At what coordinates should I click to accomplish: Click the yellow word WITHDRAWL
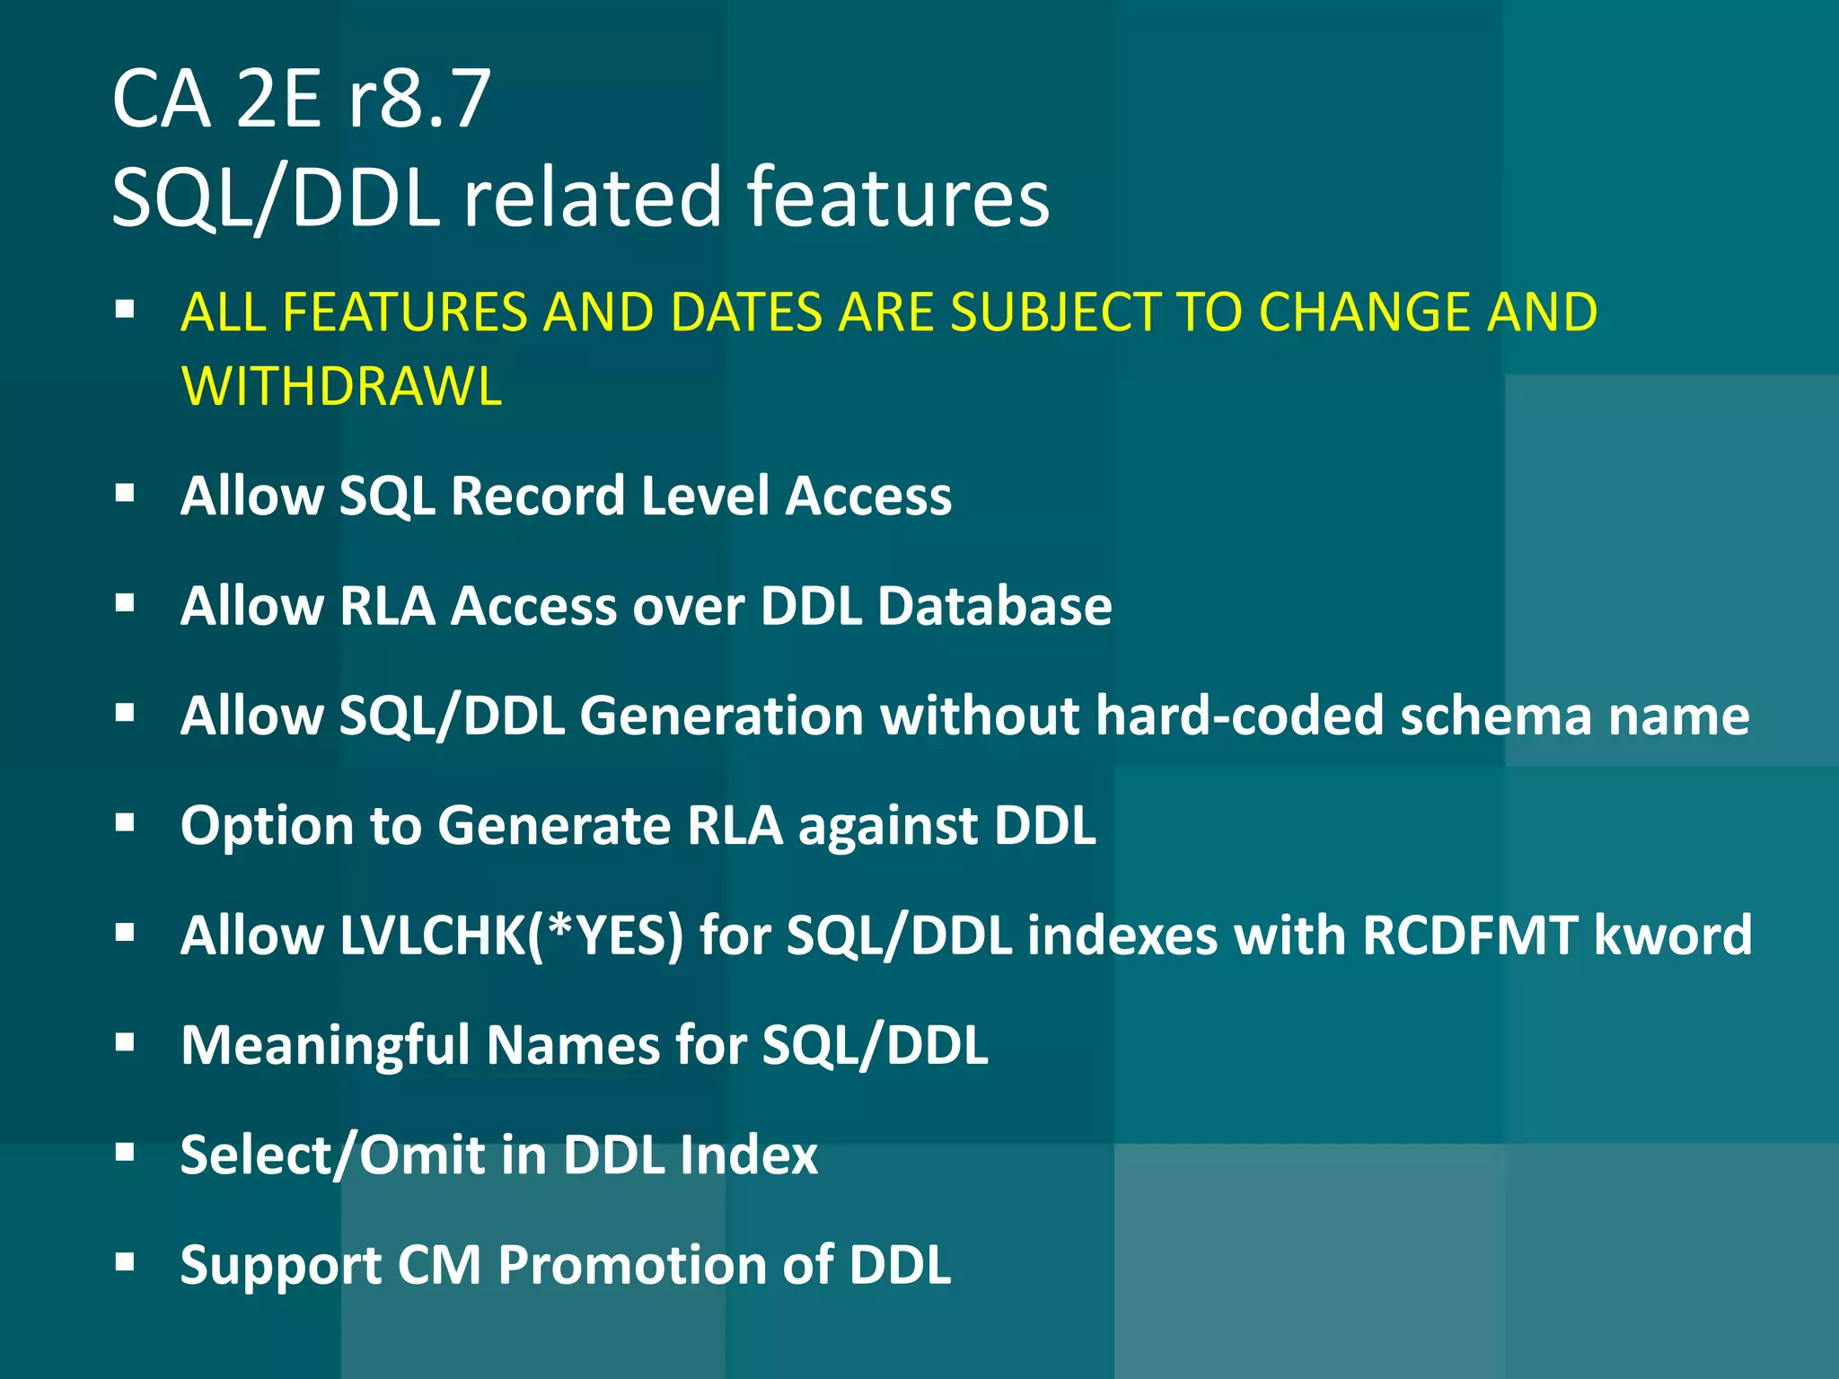(x=341, y=387)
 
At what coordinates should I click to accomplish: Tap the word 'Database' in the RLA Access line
(x=994, y=606)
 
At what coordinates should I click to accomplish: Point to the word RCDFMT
(x=1469, y=935)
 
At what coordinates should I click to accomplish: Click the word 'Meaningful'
(x=325, y=1046)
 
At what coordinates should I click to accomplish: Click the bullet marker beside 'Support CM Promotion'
(x=125, y=1263)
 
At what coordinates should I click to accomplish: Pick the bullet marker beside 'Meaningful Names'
(x=125, y=1043)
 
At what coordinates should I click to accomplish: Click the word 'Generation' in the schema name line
(x=722, y=716)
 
